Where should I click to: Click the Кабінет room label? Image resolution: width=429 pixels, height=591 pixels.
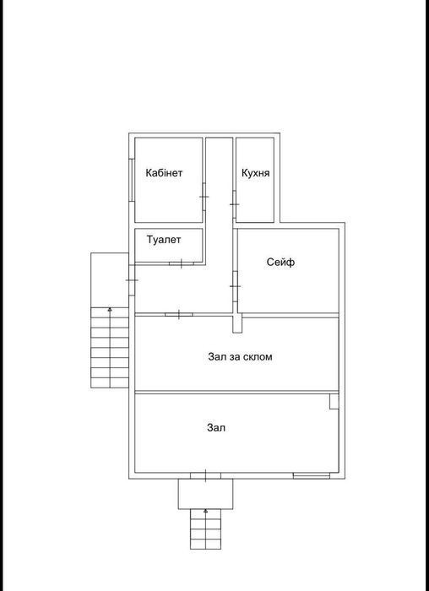tap(164, 173)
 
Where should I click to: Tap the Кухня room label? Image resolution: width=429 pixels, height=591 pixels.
tap(256, 173)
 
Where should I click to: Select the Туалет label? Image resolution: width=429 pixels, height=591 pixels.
tap(164, 240)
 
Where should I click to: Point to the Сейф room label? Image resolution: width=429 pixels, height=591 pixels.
tap(280, 262)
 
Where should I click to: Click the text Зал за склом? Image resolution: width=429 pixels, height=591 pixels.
tap(240, 356)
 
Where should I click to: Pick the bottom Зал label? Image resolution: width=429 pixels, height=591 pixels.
tap(216, 428)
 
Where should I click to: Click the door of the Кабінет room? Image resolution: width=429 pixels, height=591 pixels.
tap(204, 197)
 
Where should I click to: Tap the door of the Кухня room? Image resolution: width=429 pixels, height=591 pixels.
tap(234, 204)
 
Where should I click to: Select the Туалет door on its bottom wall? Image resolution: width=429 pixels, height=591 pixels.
tap(182, 263)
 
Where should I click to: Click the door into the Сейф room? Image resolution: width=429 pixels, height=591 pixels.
tap(235, 286)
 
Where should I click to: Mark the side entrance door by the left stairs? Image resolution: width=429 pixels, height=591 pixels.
tap(132, 280)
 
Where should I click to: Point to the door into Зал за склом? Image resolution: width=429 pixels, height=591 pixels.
tap(179, 314)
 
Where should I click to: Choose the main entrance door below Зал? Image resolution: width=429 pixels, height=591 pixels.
tap(205, 475)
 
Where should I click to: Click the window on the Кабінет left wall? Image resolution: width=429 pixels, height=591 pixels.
tap(131, 180)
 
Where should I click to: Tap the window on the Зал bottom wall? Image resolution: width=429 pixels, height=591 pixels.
tap(312, 475)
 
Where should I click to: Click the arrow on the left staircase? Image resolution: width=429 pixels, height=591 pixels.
tap(110, 347)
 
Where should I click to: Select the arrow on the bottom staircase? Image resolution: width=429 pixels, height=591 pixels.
tap(205, 529)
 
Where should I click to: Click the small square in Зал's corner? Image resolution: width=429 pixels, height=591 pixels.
tap(334, 401)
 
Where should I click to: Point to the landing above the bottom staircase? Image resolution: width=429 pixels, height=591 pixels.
tap(205, 494)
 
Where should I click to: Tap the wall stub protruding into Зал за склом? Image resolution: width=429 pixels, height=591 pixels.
tap(237, 323)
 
